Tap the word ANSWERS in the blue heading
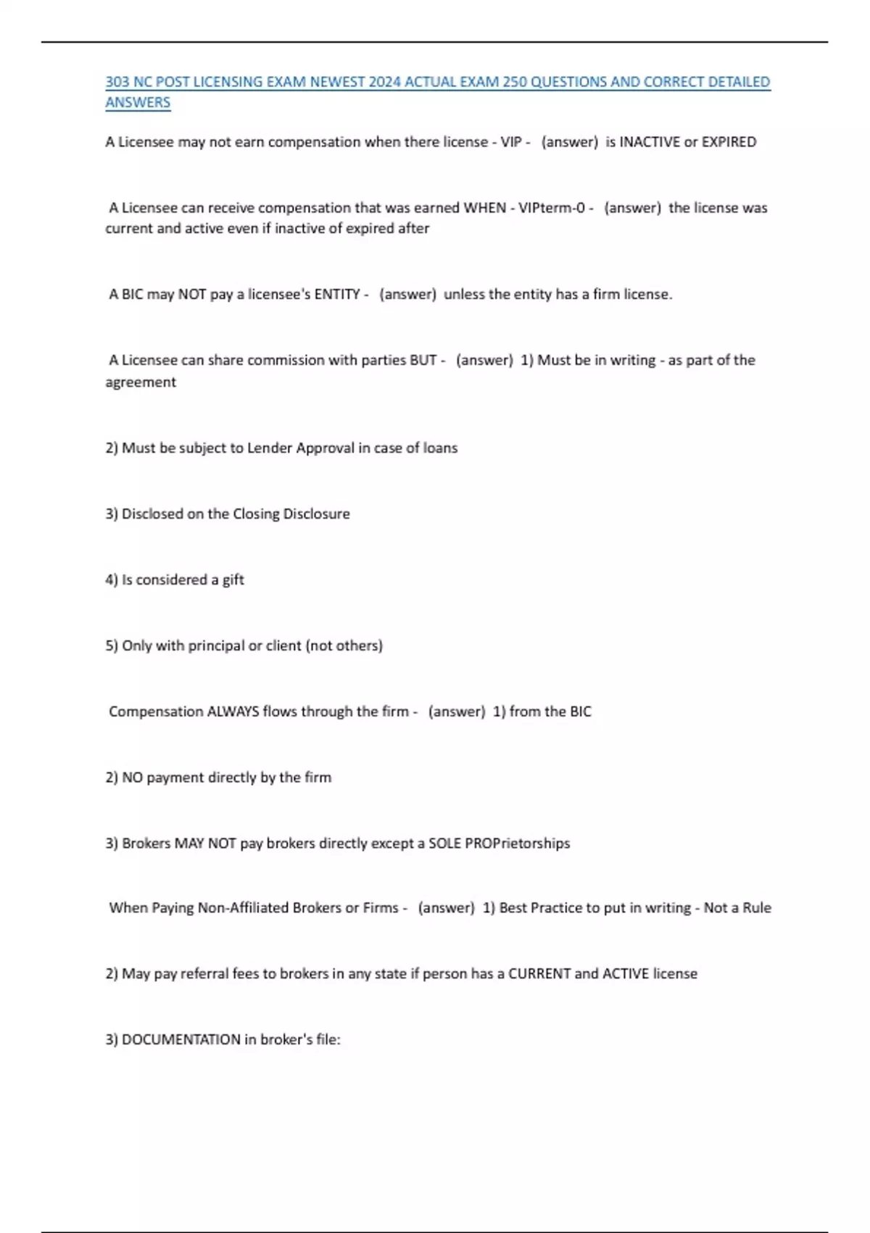tap(138, 102)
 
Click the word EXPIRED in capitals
tap(729, 142)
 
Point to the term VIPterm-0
tap(552, 208)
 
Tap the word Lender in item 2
tap(270, 448)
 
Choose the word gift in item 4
tap(233, 580)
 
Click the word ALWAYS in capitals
tap(233, 712)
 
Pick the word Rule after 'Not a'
tap(755, 908)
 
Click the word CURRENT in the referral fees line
tap(539, 973)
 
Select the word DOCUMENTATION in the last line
tap(181, 1039)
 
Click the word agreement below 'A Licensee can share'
tap(141, 382)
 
